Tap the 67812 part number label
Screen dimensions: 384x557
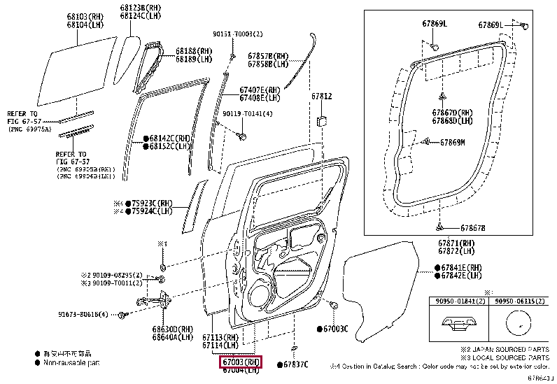pos(322,96)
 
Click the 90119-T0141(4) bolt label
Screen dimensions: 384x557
pos(248,113)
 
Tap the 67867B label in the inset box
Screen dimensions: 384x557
pos(472,228)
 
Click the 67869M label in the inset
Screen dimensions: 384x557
pos(472,143)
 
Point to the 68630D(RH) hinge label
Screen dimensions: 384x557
pos(172,328)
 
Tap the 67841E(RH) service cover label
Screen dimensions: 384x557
pos(461,267)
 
